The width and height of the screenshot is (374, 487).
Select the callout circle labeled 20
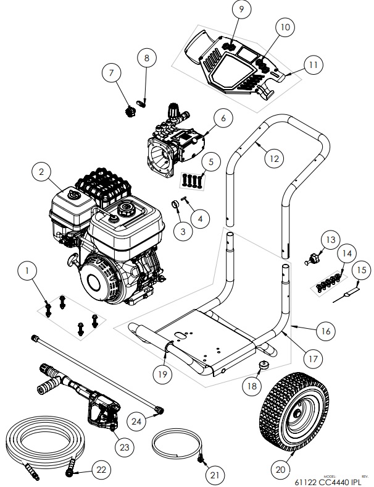point(281,469)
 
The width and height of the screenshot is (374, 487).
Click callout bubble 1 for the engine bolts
point(27,270)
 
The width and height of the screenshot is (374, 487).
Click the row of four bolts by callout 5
point(192,180)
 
